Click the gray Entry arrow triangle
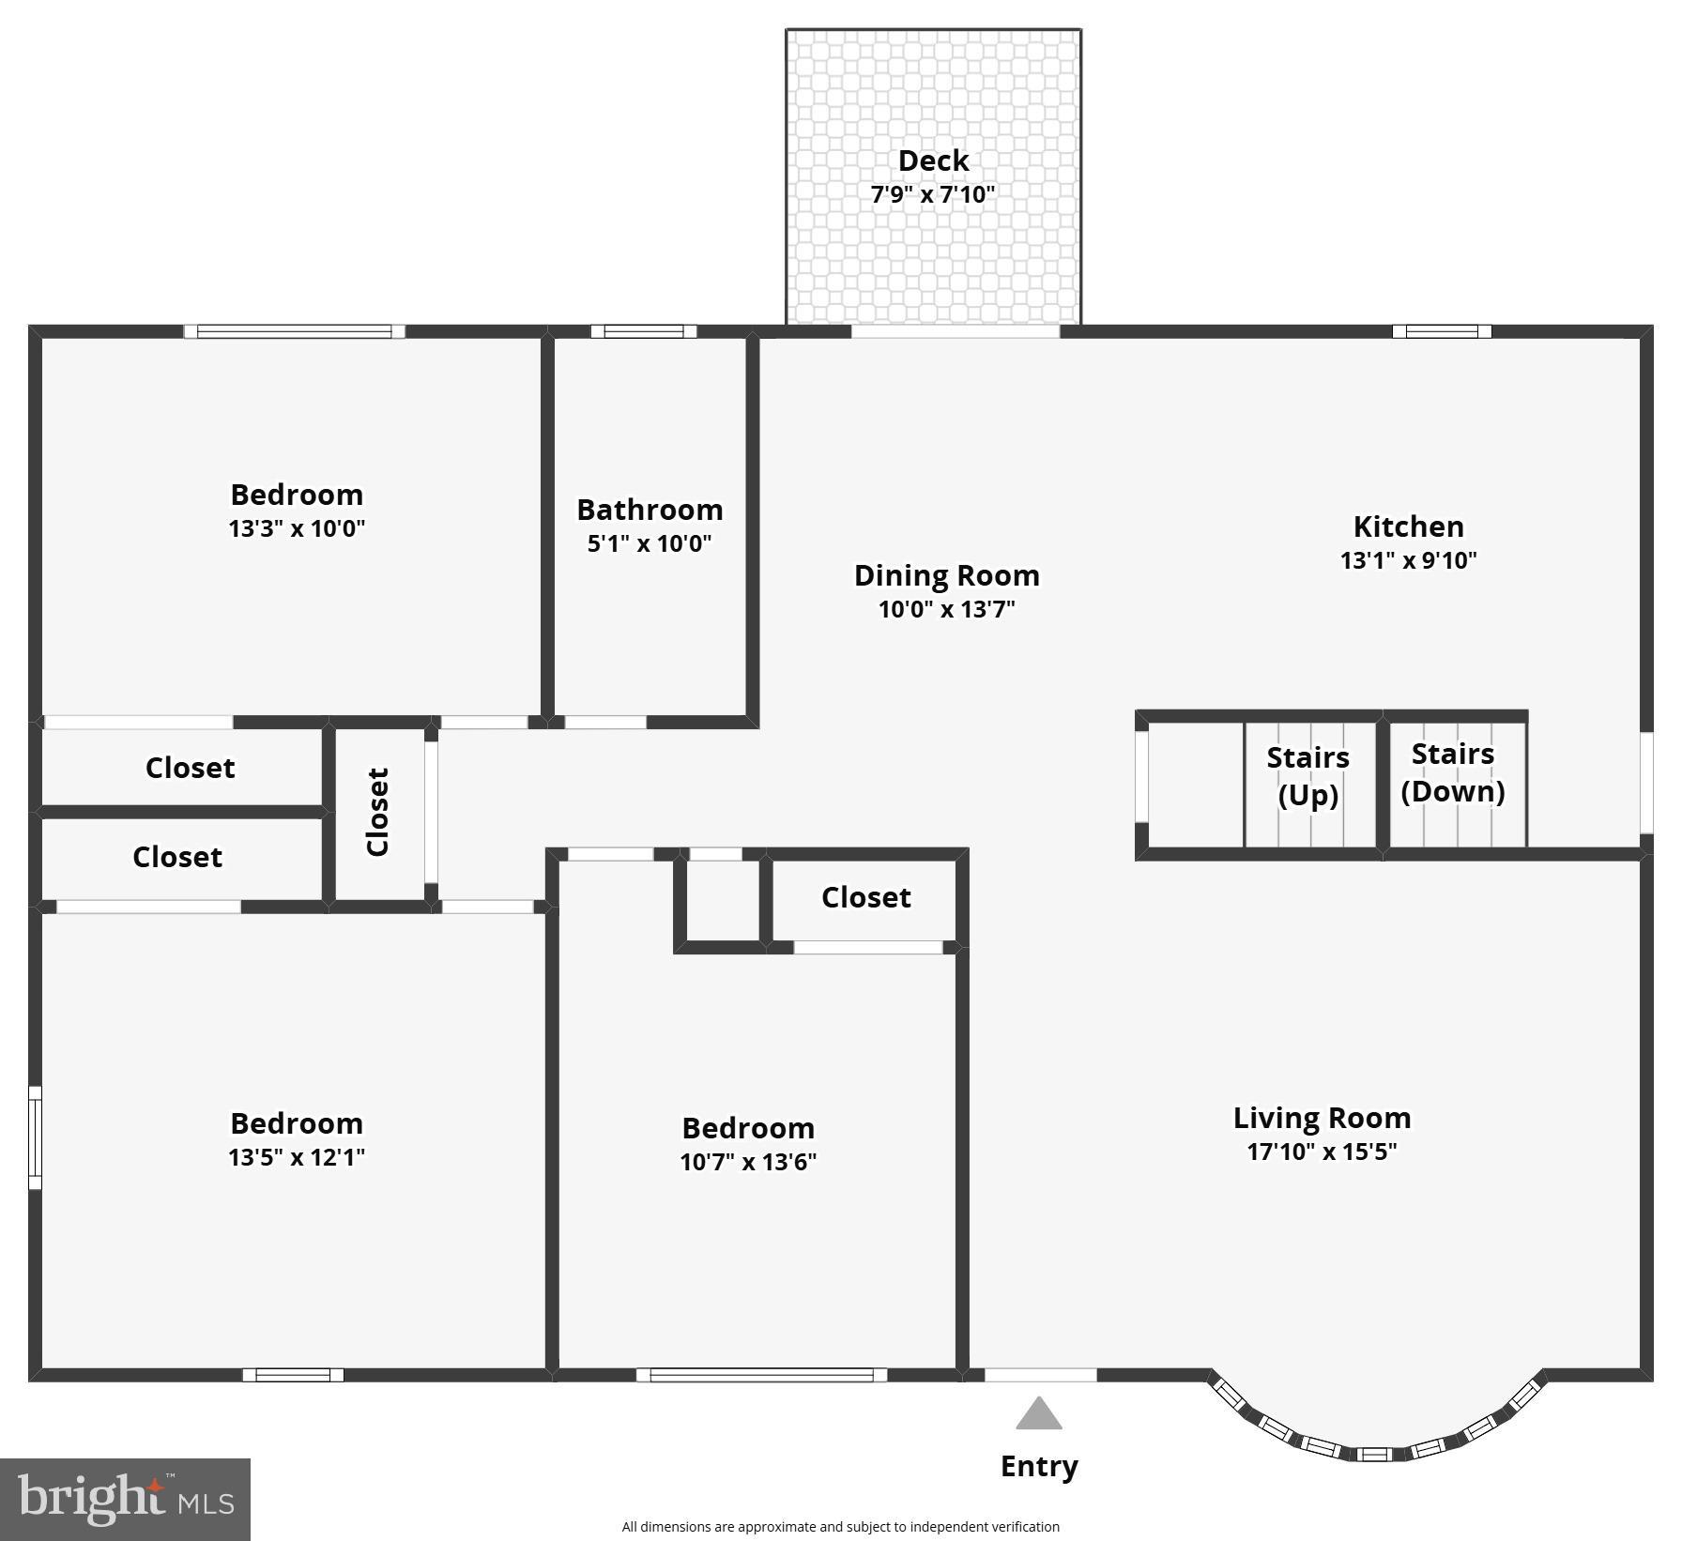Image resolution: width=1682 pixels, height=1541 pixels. pyautogui.click(x=1038, y=1415)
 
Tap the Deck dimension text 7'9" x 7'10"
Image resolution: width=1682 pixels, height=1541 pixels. pyautogui.click(x=932, y=194)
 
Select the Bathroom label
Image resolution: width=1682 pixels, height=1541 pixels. pyautogui.click(x=650, y=510)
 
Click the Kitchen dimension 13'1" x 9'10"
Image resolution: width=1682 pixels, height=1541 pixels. pyautogui.click(x=1408, y=560)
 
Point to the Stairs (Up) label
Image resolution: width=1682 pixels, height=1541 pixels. pyautogui.click(x=1307, y=776)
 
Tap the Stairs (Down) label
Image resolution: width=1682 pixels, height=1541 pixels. pyautogui.click(x=1452, y=772)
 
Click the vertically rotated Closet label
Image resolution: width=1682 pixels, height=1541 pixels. pyautogui.click(x=377, y=812)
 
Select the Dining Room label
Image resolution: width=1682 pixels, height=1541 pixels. pyautogui.click(x=946, y=575)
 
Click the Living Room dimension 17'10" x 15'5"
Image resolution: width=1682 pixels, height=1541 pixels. pyautogui.click(x=1322, y=1152)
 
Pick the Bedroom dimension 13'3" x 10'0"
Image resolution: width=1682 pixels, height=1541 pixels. pyautogui.click(x=297, y=528)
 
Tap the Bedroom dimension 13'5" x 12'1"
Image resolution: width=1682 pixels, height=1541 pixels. pyautogui.click(x=297, y=1157)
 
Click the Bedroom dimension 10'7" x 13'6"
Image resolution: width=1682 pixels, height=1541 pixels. pyautogui.click(x=748, y=1162)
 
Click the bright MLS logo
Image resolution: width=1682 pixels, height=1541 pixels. pyautogui.click(x=125, y=1499)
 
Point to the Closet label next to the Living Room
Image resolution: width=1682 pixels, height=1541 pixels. pyautogui.click(x=865, y=897)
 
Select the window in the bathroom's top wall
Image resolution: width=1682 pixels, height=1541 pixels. pyautogui.click(x=644, y=331)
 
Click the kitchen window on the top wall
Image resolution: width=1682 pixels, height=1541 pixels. pyautogui.click(x=1441, y=331)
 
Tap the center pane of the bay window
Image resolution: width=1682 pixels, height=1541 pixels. pyautogui.click(x=1374, y=1455)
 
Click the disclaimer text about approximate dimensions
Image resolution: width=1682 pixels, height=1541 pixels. pyautogui.click(x=840, y=1527)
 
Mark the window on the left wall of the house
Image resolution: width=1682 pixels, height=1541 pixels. pyautogui.click(x=35, y=1137)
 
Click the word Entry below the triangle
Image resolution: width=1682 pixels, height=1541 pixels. pyautogui.click(x=1038, y=1466)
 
